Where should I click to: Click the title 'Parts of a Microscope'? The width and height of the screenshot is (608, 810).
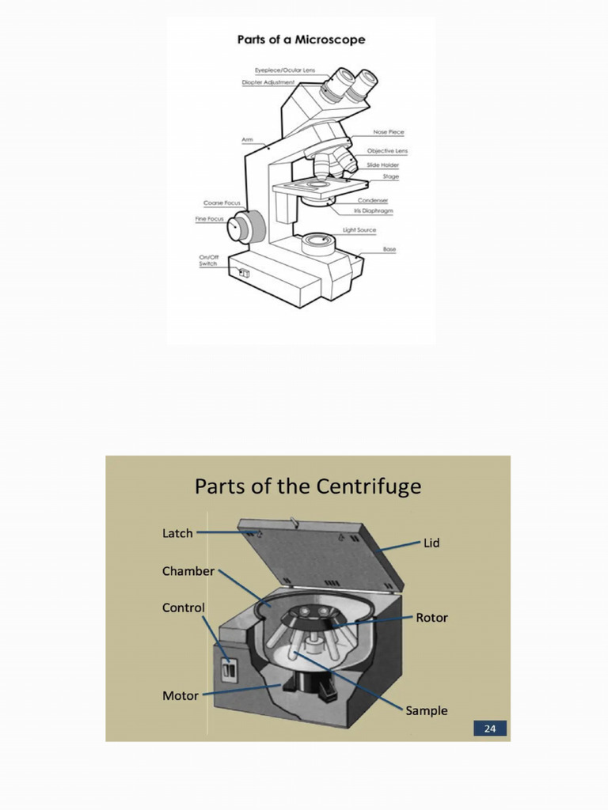click(301, 40)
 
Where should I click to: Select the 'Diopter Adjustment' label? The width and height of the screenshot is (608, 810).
click(268, 82)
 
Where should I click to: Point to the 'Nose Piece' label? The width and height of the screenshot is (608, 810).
click(389, 132)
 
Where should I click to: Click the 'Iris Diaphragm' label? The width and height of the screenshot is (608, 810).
click(373, 211)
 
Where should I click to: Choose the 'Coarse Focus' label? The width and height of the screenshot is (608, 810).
click(222, 203)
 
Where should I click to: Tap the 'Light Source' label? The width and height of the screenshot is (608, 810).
click(359, 230)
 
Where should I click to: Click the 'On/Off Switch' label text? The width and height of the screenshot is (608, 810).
click(208, 260)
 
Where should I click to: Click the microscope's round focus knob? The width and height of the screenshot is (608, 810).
click(240, 228)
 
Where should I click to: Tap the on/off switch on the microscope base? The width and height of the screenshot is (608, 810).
click(244, 274)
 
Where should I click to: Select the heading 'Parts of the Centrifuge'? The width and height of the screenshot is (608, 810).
click(308, 486)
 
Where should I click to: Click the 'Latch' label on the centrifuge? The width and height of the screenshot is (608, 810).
click(177, 533)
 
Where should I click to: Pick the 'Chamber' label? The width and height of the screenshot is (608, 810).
click(188, 571)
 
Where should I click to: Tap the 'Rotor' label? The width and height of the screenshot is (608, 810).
click(431, 617)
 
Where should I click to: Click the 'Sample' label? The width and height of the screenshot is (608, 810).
click(427, 710)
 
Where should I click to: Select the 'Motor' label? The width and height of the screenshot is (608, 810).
click(180, 696)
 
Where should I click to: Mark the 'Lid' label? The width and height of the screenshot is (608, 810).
click(431, 543)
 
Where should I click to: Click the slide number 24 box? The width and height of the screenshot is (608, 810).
click(489, 729)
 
